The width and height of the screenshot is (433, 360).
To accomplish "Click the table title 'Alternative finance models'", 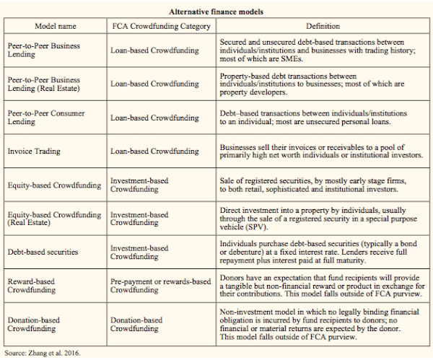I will click(216, 12).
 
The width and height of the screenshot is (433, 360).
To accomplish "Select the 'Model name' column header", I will click(55, 26).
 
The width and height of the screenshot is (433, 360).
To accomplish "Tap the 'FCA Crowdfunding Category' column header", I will click(161, 26).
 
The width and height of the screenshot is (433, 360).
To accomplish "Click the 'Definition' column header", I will click(323, 26).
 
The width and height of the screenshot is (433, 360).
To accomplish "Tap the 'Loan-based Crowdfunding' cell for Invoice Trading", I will click(155, 152).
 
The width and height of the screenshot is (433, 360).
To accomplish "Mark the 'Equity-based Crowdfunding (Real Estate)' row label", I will click(55, 218).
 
